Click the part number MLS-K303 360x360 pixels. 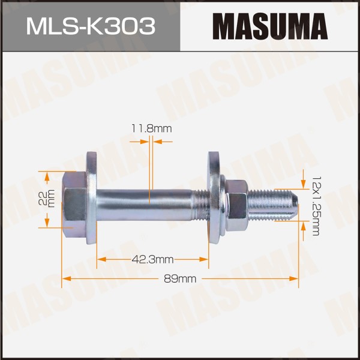pos(91,26)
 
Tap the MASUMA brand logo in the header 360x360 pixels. pos(270,26)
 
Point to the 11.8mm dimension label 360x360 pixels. pos(151,128)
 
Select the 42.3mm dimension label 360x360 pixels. pos(152,260)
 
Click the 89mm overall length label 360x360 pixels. pos(180,279)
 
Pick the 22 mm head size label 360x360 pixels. pos(47,199)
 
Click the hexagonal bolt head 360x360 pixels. pos(74,205)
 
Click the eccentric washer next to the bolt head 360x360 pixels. pos(91,199)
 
